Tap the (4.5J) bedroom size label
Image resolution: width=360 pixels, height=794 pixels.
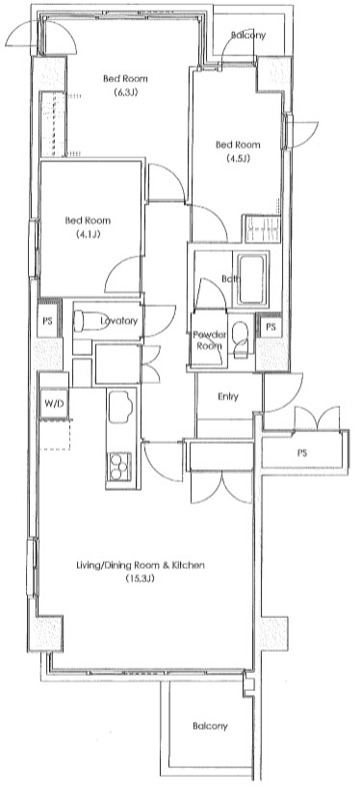[x=237, y=158]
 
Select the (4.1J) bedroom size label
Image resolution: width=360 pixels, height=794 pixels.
[x=84, y=235]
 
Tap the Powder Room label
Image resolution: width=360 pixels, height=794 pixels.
[x=209, y=339]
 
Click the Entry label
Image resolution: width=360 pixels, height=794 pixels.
[x=228, y=396]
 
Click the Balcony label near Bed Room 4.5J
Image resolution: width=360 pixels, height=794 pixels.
[x=247, y=36]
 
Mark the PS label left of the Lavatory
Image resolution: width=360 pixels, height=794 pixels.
[x=45, y=321]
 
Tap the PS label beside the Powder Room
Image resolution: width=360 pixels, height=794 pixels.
[x=270, y=327]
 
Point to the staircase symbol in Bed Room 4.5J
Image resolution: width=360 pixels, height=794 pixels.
[x=262, y=230]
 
